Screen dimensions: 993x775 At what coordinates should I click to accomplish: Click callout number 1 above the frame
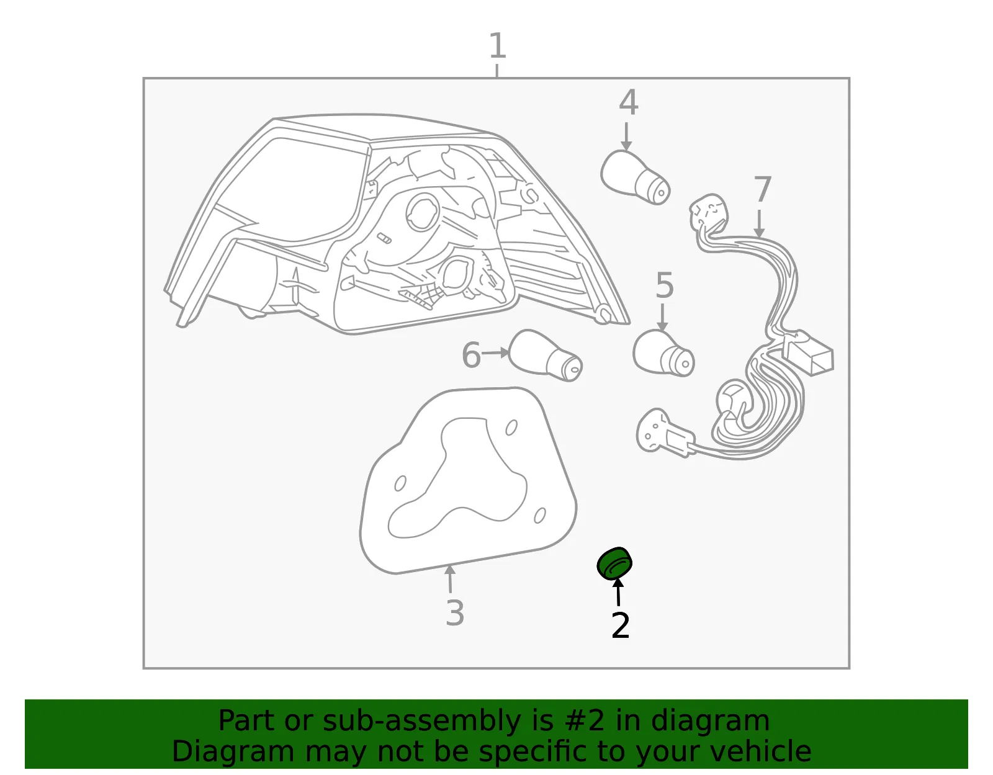click(x=498, y=45)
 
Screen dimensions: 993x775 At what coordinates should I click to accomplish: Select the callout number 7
click(x=762, y=189)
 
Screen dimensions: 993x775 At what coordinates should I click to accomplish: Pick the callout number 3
click(x=455, y=612)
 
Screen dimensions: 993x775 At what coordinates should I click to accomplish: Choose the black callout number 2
click(x=621, y=625)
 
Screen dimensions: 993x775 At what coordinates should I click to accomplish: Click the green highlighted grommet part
click(x=615, y=563)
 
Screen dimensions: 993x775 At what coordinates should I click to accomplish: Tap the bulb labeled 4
click(x=635, y=177)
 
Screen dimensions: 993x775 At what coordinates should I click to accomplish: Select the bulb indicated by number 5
click(x=663, y=352)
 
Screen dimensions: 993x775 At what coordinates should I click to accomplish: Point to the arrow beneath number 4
click(x=626, y=137)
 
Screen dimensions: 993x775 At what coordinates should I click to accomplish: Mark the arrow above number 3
click(x=450, y=578)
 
